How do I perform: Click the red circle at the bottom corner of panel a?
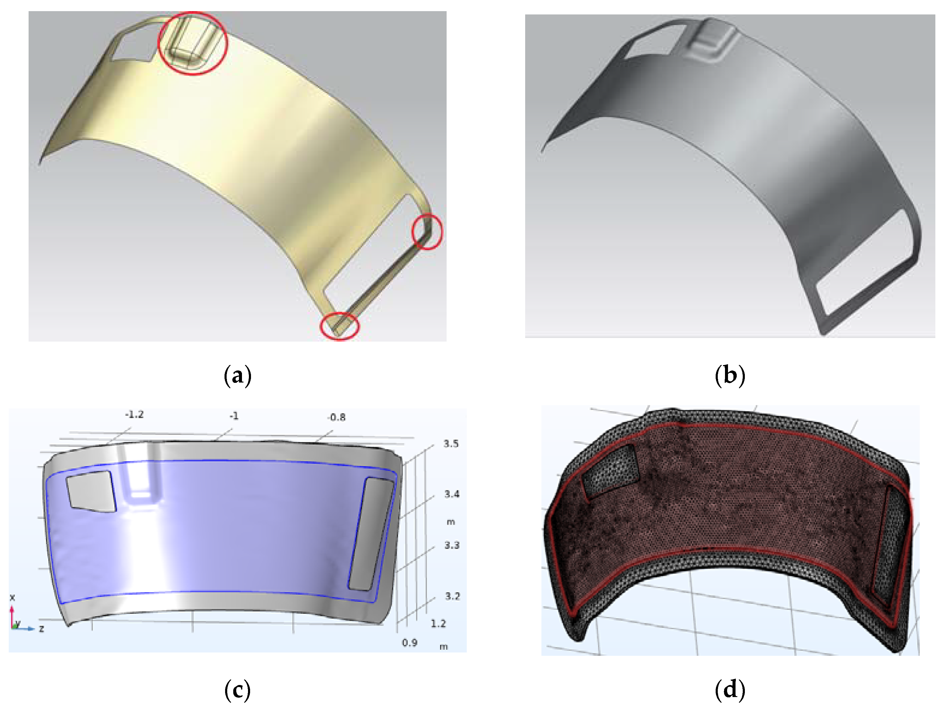[x=340, y=326]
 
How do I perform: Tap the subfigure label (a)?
[x=237, y=376]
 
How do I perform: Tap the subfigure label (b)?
[x=730, y=376]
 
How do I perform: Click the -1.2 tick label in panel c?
[x=134, y=415]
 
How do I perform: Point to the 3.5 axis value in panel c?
[x=451, y=444]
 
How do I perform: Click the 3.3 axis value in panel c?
[x=452, y=545]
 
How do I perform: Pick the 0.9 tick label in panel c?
[x=410, y=643]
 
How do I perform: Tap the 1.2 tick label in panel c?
[x=438, y=623]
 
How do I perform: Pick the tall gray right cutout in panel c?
[x=371, y=534]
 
